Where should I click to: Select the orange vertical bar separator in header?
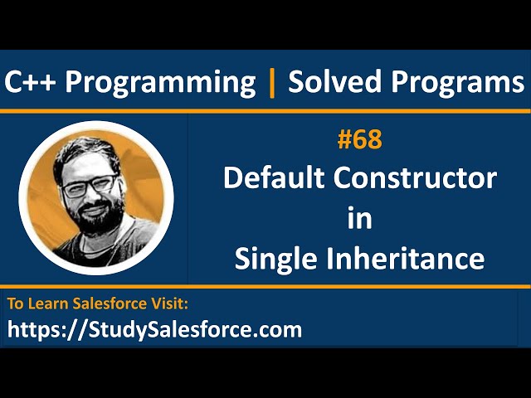tap(271, 81)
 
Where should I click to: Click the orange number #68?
tap(359, 140)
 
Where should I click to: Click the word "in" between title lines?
tap(359, 218)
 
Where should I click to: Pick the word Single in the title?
tap(272, 259)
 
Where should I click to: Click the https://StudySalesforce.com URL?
tap(155, 330)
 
